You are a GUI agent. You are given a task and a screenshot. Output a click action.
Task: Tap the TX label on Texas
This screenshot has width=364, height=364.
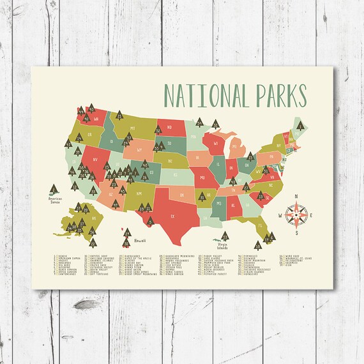171,216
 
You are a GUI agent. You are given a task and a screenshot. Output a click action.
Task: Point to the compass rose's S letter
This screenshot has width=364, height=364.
296,234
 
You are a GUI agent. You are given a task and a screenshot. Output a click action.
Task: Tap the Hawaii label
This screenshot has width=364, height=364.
140,240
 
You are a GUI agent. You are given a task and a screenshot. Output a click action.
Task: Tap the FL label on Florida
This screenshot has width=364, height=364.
261,225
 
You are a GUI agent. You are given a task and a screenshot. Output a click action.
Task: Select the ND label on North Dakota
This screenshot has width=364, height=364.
170,126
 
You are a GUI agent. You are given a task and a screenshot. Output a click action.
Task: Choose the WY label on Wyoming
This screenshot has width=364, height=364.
138,151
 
